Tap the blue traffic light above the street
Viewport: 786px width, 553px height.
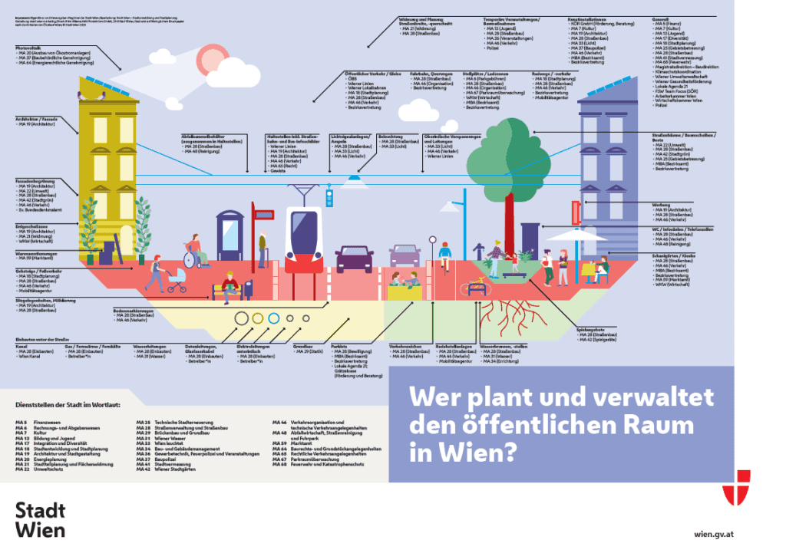[x=330, y=199]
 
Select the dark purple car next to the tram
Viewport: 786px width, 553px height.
[x=355, y=258]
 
